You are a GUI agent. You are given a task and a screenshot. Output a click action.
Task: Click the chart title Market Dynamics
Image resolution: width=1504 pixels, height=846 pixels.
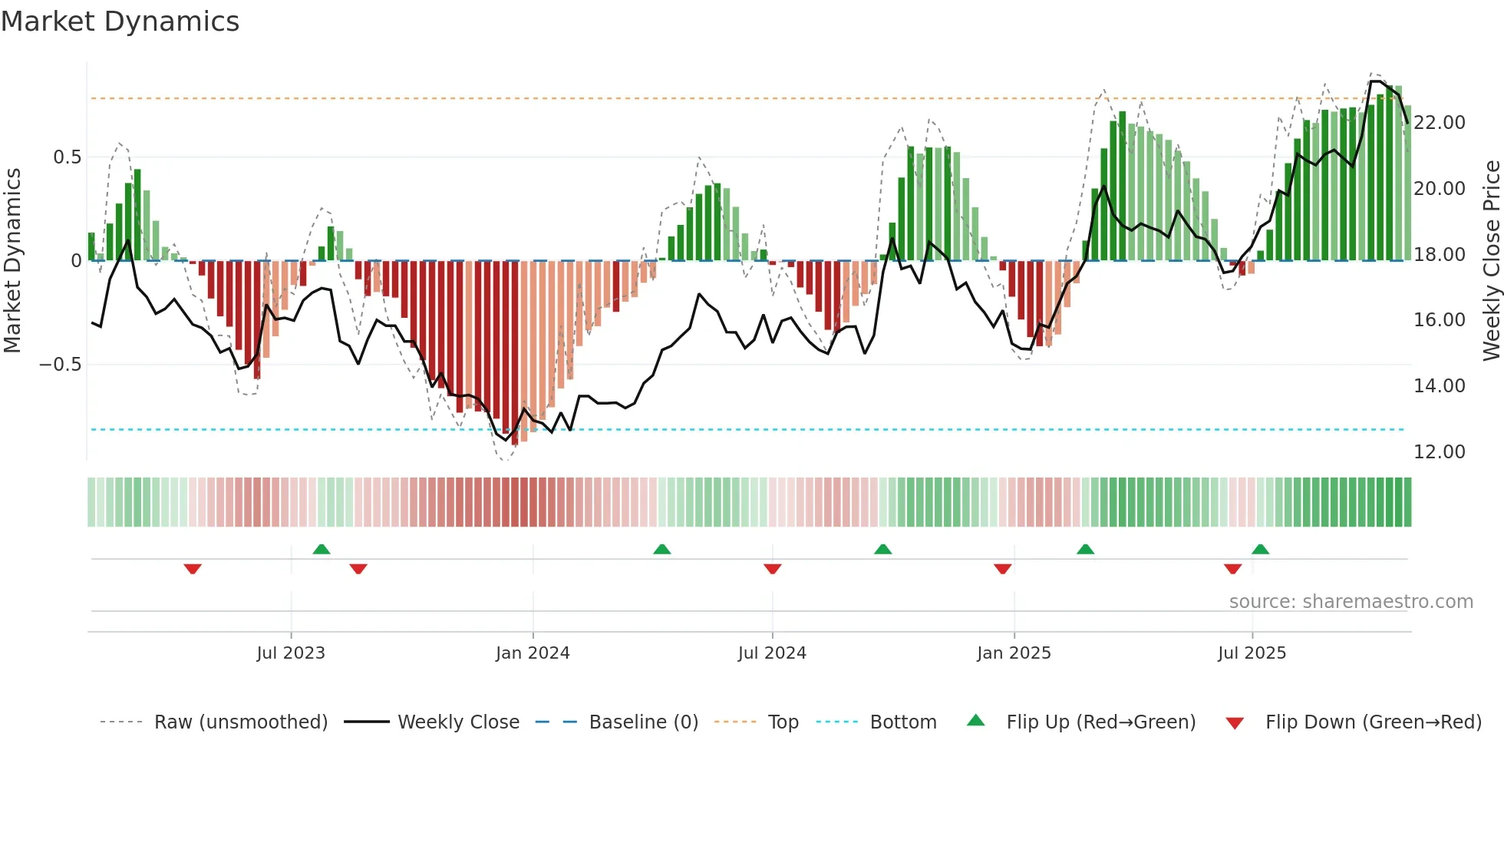tap(120, 21)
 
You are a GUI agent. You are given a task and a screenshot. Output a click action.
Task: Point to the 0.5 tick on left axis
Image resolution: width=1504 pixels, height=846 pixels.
tap(67, 157)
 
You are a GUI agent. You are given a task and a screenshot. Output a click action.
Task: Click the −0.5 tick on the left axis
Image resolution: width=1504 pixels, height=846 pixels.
tap(61, 365)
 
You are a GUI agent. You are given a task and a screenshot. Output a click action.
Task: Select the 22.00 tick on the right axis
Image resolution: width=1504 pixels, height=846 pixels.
tap(1440, 123)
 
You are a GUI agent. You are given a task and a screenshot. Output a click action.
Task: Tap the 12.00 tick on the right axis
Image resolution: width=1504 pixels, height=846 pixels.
tap(1440, 452)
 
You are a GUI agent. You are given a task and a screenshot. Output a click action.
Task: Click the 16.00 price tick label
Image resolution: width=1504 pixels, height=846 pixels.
tap(1440, 320)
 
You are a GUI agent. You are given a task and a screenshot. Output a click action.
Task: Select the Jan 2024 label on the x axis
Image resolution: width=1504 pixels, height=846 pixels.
tap(533, 653)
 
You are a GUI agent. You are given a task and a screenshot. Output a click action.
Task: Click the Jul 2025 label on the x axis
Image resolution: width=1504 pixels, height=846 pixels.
tap(1252, 653)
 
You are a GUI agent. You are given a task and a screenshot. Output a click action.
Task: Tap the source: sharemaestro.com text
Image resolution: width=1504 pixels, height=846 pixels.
tap(1351, 602)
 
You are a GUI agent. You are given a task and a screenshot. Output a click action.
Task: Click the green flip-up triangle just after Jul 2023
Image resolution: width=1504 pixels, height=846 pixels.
tap(322, 550)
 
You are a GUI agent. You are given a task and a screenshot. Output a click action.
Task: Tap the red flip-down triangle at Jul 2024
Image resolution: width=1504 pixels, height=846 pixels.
tap(773, 569)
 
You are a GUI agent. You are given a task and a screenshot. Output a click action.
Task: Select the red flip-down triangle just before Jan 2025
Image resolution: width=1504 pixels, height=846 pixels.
tap(1002, 569)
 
